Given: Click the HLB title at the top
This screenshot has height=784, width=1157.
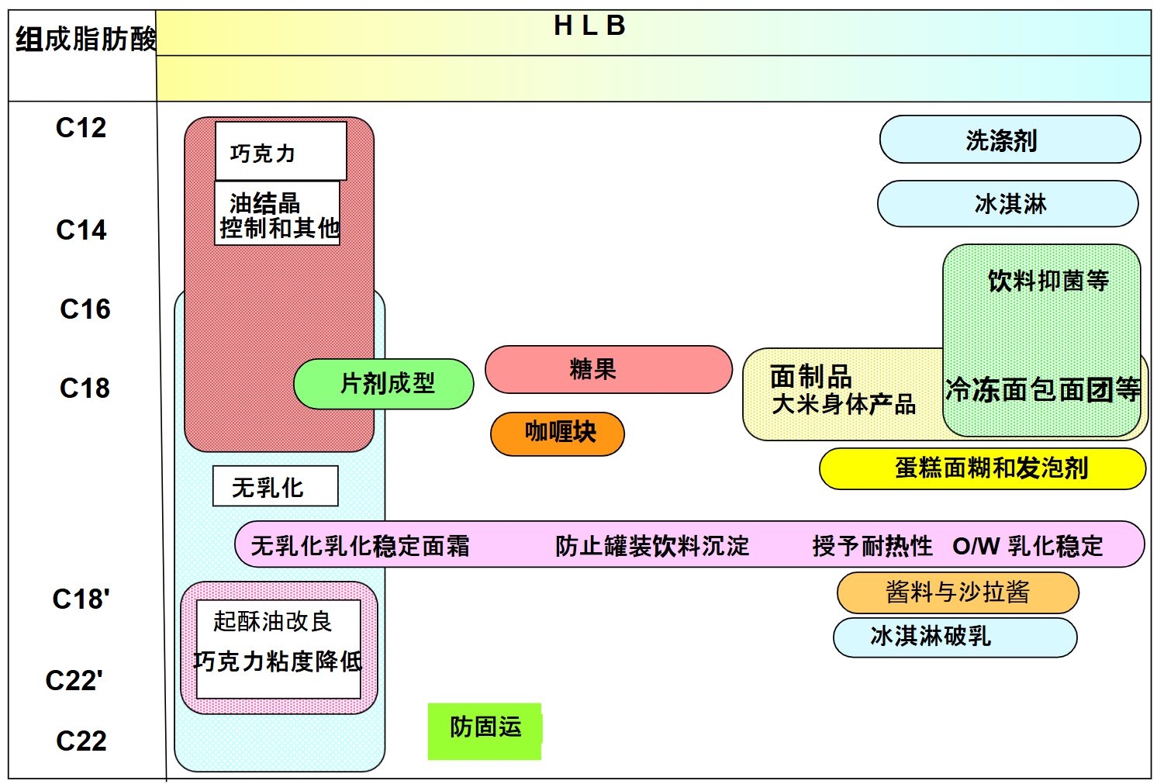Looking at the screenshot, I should point(589,26).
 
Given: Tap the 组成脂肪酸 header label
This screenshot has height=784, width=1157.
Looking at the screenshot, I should point(85,39).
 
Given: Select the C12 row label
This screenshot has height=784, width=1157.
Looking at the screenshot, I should point(81,128).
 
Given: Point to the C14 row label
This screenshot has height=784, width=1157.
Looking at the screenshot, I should point(81,230).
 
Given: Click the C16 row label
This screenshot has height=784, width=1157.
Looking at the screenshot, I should point(85,309).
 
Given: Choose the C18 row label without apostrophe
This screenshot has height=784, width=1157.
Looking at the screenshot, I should point(85,389).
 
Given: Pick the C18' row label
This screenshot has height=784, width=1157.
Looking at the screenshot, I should point(81,599).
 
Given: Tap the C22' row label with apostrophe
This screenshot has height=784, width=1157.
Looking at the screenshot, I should point(74,681).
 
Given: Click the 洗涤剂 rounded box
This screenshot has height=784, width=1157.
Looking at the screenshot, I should point(1009,140).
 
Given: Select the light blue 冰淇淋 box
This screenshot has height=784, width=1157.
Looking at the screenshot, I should point(1007,204).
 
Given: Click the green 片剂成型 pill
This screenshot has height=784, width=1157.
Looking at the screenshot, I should point(385,383).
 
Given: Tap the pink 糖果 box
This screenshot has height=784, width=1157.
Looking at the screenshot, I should point(608,369).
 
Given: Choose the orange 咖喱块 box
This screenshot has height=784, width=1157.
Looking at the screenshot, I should point(558,433).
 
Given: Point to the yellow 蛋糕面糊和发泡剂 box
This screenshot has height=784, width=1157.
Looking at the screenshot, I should point(982,468).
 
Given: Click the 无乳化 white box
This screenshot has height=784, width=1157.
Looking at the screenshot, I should point(275,486).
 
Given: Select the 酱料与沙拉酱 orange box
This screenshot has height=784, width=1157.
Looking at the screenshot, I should point(957,592).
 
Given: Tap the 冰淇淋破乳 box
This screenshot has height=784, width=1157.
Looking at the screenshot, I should point(954,637).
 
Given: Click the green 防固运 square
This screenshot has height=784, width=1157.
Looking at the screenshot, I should point(485,730).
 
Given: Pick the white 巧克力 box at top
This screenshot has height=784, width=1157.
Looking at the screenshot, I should point(280,151).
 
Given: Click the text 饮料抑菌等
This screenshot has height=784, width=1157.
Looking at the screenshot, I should point(1048,281).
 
